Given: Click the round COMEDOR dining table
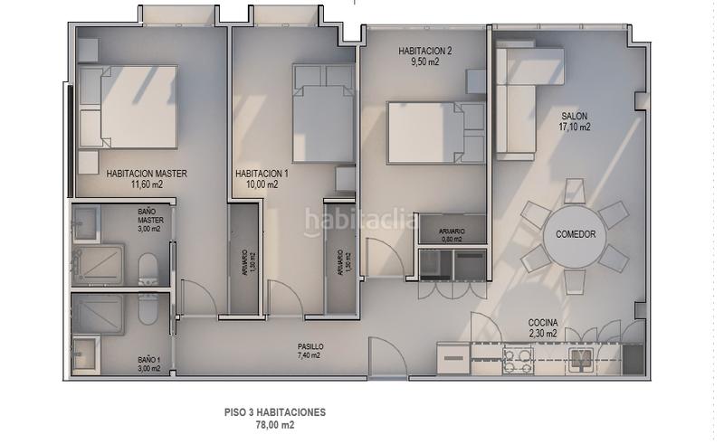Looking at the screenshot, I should (576, 233).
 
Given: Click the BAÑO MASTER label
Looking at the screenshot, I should (149, 219).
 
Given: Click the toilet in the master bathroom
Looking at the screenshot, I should (148, 269).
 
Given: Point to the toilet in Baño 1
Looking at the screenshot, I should (148, 309).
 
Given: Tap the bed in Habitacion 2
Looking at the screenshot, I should (428, 133).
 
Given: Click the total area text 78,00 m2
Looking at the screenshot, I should (275, 424).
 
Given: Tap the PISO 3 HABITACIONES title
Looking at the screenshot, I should (275, 411).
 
